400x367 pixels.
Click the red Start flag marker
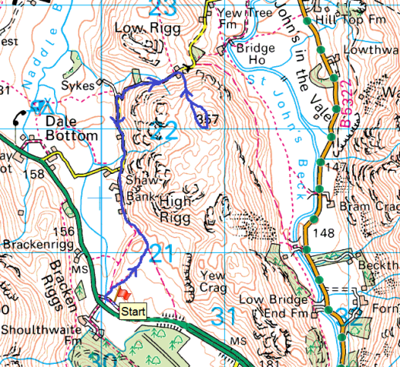click(120, 294)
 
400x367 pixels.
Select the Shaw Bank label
click(142, 187)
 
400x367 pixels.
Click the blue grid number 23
click(163, 9)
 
